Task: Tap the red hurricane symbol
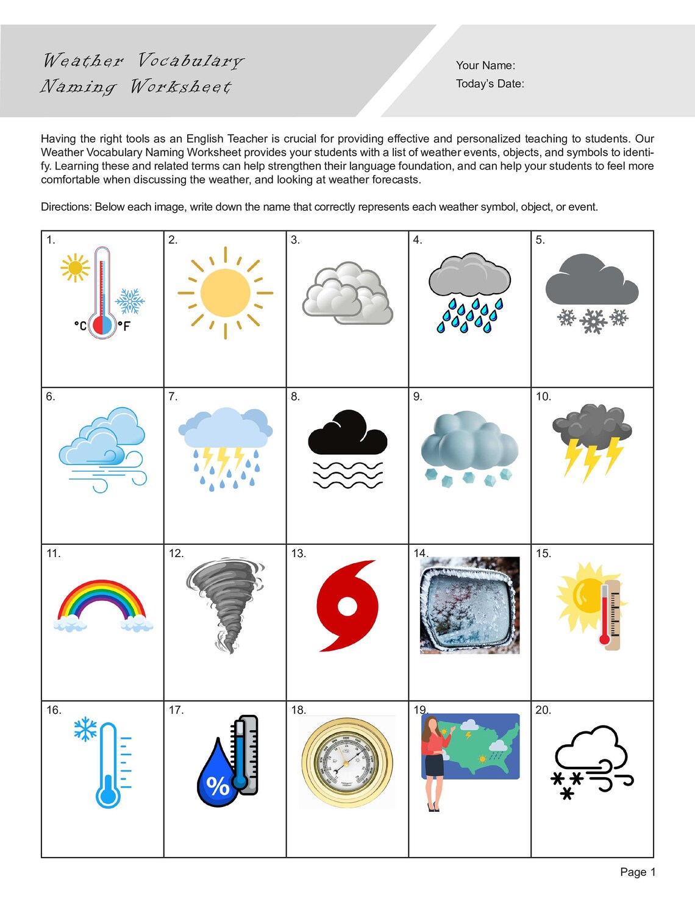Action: (x=347, y=606)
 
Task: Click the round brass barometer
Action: (x=347, y=762)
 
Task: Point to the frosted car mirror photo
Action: (x=469, y=605)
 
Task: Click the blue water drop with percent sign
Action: (x=218, y=776)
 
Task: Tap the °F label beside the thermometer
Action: (x=124, y=326)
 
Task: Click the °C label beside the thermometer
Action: (x=80, y=325)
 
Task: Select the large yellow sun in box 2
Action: (x=225, y=293)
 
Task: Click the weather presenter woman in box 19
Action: (x=435, y=762)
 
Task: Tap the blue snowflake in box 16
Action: (x=85, y=728)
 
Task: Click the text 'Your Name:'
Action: (x=485, y=65)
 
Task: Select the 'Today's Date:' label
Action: (x=490, y=84)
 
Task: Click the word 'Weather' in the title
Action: (x=83, y=60)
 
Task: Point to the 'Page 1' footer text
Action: (x=637, y=872)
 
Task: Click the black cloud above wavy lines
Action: (x=347, y=433)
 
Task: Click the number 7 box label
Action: (x=173, y=397)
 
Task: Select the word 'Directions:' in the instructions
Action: (x=66, y=207)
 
